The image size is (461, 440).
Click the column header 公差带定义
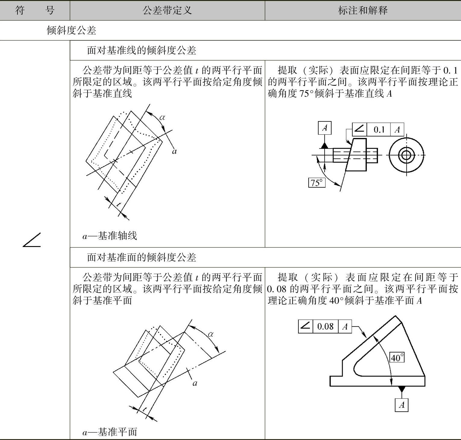pos(167,11)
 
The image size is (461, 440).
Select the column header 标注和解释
pos(363,11)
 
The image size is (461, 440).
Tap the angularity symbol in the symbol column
pos(32,240)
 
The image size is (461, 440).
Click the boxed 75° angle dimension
pos(317,183)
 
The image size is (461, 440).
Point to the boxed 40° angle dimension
pos(397,357)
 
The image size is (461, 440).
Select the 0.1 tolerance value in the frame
pos(379,130)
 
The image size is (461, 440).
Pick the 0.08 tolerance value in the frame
pos(325,326)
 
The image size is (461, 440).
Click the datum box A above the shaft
pos(325,128)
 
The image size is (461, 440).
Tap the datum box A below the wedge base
pos(402,405)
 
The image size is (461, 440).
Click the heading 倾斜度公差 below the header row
pos(71,30)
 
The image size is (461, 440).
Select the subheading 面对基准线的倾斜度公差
pos(141,50)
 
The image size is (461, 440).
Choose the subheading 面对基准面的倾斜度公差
pos(141,257)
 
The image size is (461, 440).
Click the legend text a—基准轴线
pos(110,236)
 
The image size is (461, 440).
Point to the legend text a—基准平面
pos(110,432)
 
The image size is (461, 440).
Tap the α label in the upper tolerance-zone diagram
pos(162,117)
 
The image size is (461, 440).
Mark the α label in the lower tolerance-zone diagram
pos(211,334)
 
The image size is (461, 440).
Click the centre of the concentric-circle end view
pos(406,155)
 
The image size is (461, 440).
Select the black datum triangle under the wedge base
pos(402,389)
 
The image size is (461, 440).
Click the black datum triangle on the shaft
pos(324,145)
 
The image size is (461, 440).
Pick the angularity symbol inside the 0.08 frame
pos(305,326)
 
